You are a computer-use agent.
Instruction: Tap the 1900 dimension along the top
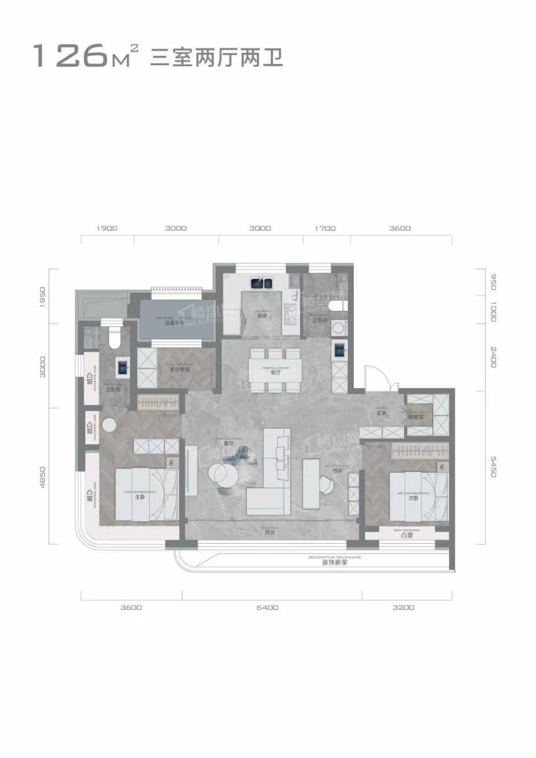(x=107, y=228)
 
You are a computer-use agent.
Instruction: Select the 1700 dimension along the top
(x=325, y=228)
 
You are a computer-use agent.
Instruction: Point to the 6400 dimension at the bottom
(x=268, y=607)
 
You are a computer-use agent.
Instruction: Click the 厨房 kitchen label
(x=262, y=316)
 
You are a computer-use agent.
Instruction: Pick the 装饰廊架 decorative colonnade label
(x=335, y=563)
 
